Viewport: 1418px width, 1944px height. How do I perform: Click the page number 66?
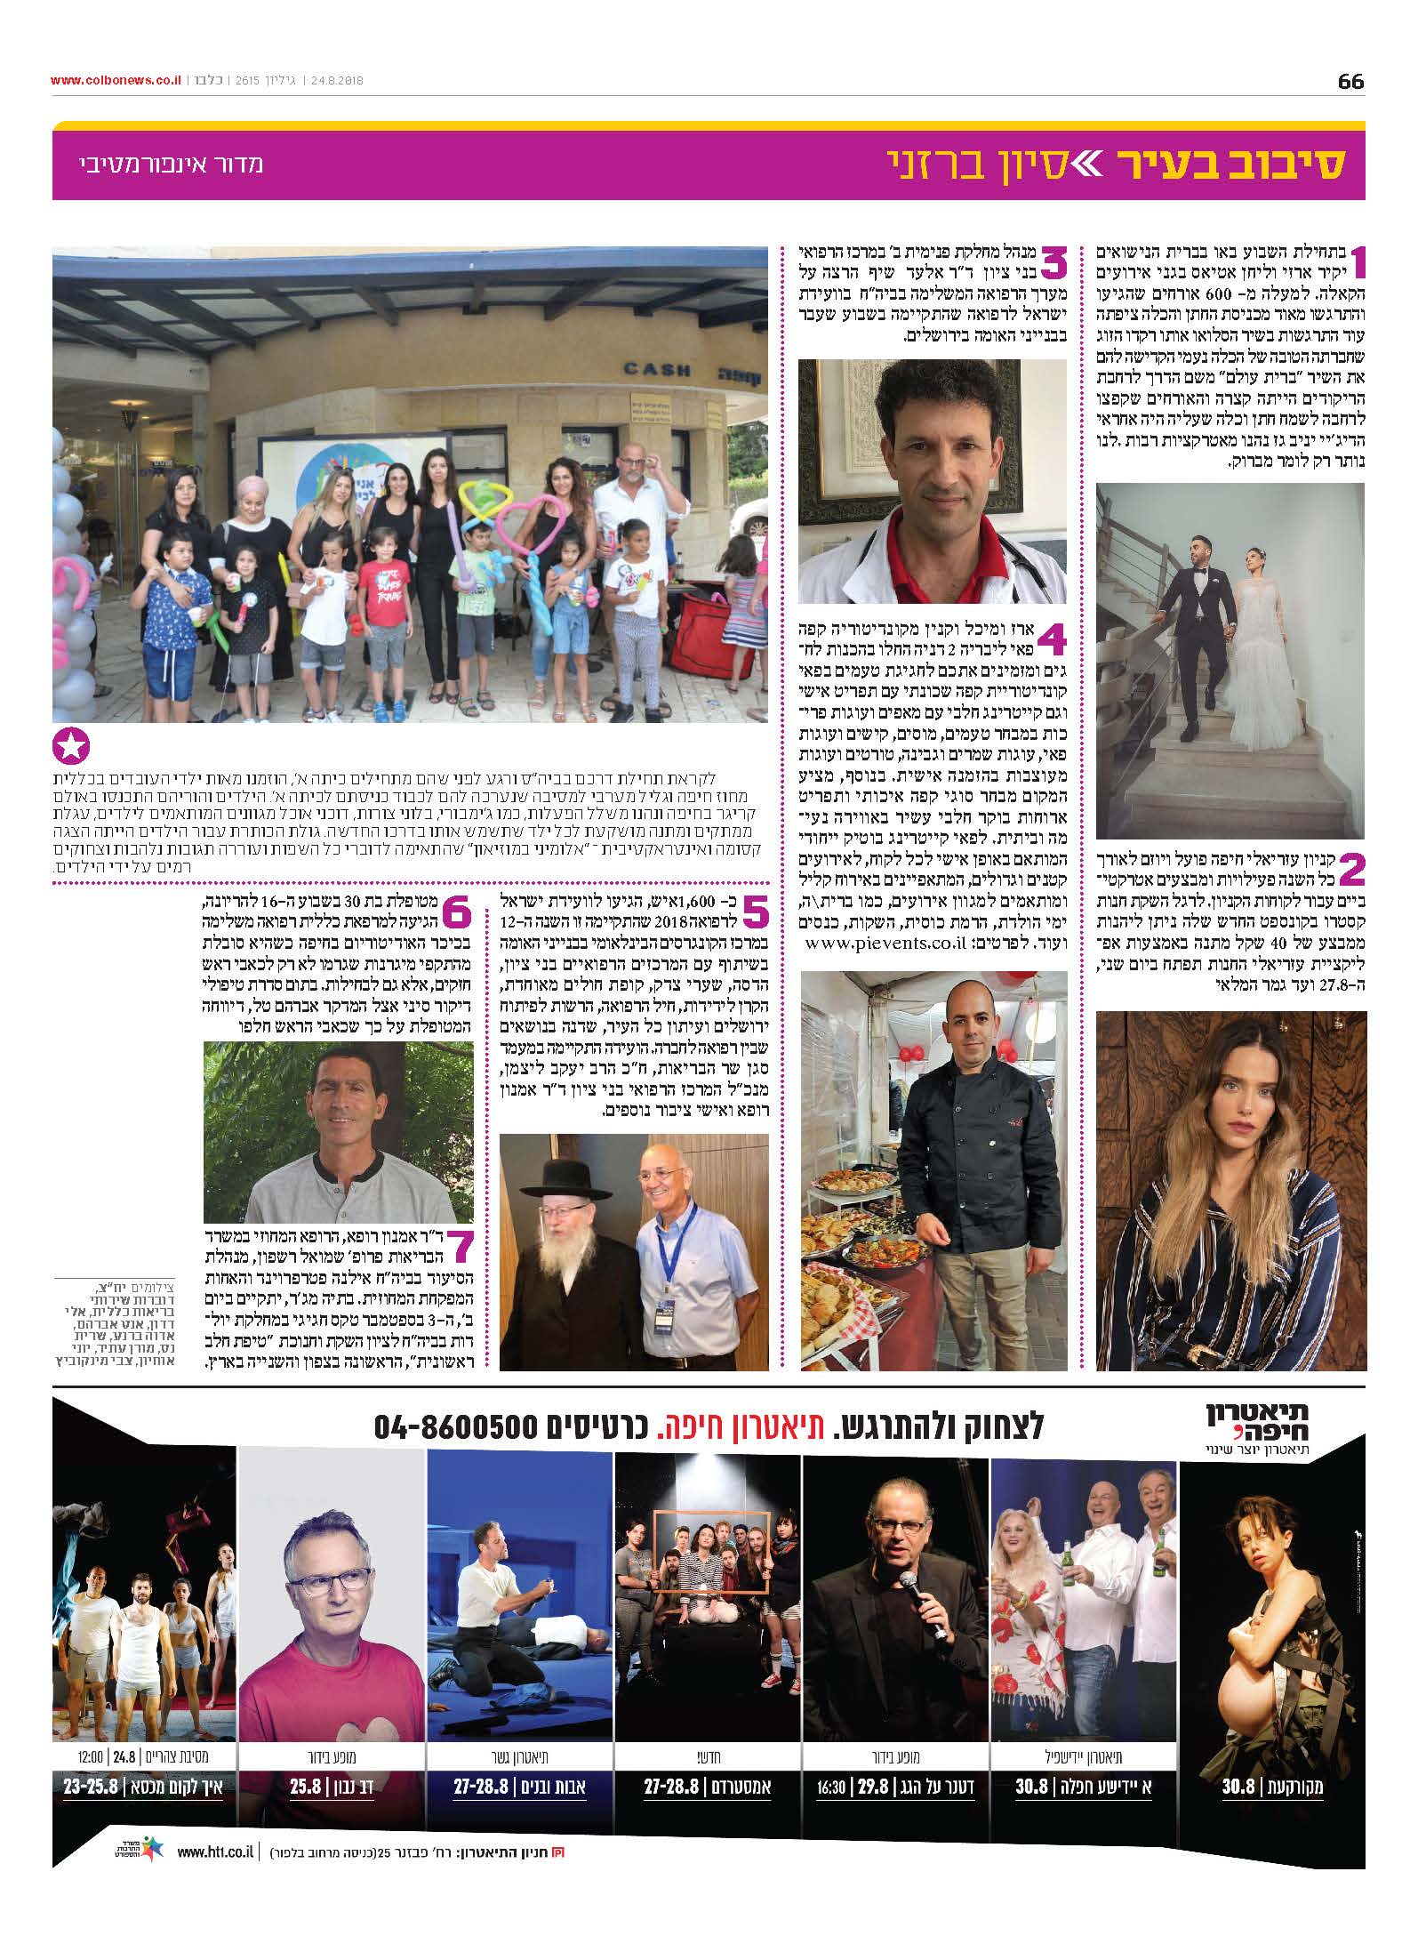coord(1350,82)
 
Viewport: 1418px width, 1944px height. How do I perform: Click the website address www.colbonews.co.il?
coord(116,80)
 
